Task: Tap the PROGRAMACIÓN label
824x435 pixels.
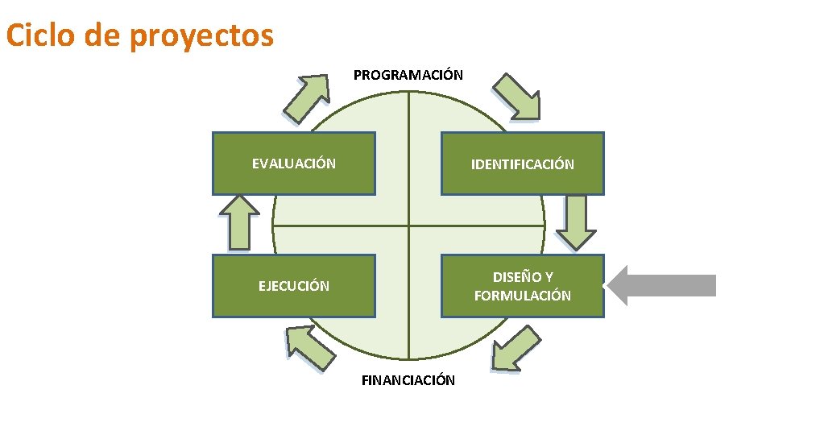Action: coord(408,75)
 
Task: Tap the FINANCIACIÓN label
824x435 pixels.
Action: coord(408,380)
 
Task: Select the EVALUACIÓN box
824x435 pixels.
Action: coord(293,164)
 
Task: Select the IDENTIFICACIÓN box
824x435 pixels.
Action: coord(523,164)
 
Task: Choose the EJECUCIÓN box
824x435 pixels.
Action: coord(293,286)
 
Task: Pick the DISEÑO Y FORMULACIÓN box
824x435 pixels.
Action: coord(523,286)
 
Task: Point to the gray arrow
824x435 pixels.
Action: coord(660,286)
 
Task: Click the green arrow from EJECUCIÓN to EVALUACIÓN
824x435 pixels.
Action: coord(239,223)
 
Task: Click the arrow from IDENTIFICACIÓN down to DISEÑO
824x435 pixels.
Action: coord(576,223)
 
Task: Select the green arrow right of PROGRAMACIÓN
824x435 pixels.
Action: coord(517,97)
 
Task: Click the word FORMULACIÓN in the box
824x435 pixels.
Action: coord(523,296)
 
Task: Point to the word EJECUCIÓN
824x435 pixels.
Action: coord(293,286)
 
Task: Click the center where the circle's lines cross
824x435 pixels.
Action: coord(408,226)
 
